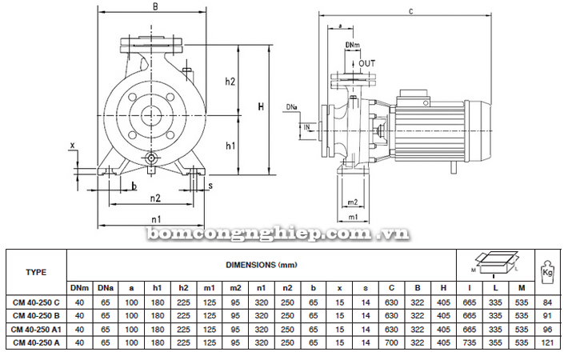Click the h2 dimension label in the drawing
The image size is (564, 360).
pyautogui.click(x=230, y=82)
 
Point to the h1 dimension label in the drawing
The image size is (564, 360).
pyautogui.click(x=230, y=146)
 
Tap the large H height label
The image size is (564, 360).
pyautogui.click(x=261, y=106)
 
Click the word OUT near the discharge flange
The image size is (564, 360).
pyautogui.click(x=367, y=64)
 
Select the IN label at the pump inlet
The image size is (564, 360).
pyautogui.click(x=306, y=127)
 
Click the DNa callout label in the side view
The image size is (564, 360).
pyautogui.click(x=292, y=107)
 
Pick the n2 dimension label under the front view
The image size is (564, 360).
pyautogui.click(x=155, y=198)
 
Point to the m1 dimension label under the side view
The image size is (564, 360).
pyautogui.click(x=354, y=217)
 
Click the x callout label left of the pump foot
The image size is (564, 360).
pyautogui.click(x=72, y=146)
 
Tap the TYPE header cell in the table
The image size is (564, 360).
pyautogui.click(x=36, y=272)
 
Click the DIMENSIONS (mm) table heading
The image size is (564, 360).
pyautogui.click(x=262, y=265)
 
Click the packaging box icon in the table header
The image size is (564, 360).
pyautogui.click(x=496, y=264)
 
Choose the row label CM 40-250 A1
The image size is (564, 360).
pyautogui.click(x=36, y=329)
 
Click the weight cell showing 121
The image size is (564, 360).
pyautogui.click(x=547, y=342)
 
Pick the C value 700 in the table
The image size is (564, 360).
pyautogui.click(x=391, y=342)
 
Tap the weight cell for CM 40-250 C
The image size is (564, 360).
pyautogui.click(x=547, y=302)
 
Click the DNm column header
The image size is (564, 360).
pyautogui.click(x=79, y=288)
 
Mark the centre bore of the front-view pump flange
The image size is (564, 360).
pyautogui.click(x=151, y=115)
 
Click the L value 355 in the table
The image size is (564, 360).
pyautogui.click(x=495, y=342)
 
